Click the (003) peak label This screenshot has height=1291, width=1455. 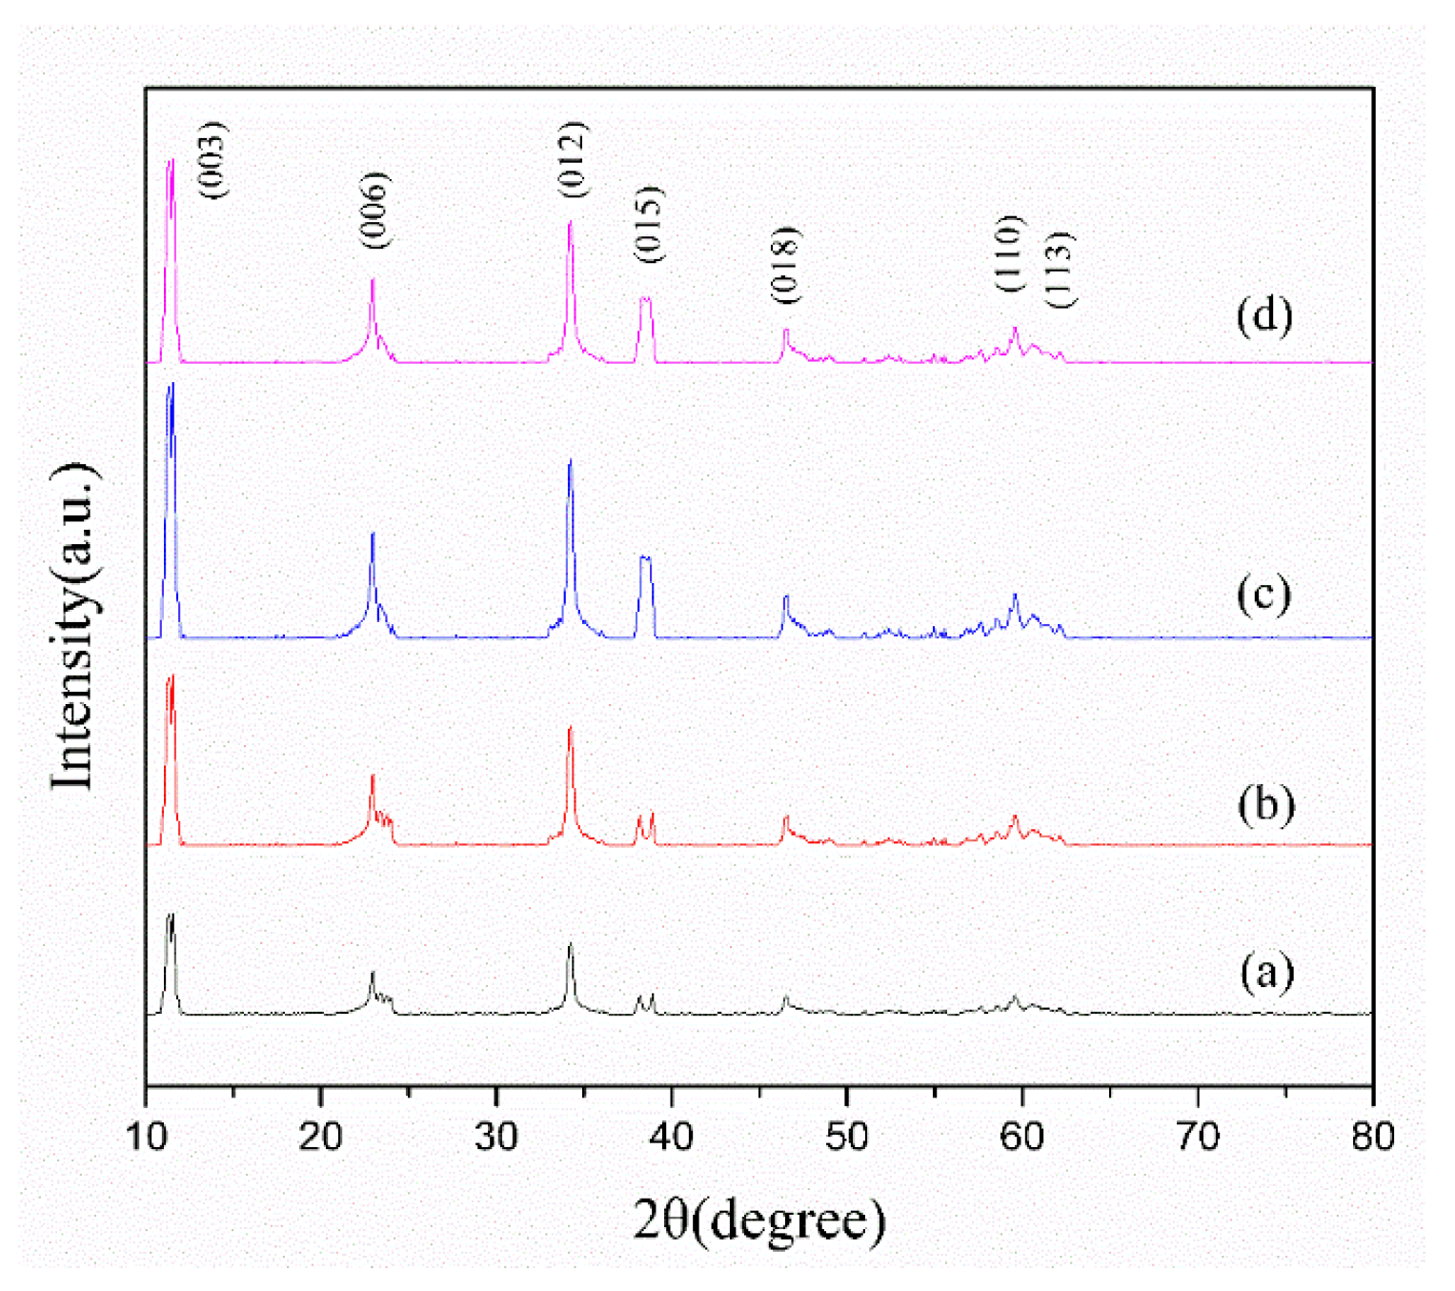coord(213,160)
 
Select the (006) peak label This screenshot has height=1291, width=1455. coord(375,211)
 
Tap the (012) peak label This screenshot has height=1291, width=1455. coord(573,160)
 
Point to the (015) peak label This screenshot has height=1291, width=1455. coord(648,225)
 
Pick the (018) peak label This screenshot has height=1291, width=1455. coord(785,265)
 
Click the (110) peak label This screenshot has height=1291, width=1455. coord(1008,253)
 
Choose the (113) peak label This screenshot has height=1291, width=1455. coord(1060,270)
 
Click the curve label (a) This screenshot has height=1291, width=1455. coord(1266,973)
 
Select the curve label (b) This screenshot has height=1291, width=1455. coord(1265,805)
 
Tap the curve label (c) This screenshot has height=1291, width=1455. coord(1263,594)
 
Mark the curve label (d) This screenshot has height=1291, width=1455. coord(1263,315)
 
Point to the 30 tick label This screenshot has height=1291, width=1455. coord(496,1136)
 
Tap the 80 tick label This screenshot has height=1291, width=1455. coord(1372,1136)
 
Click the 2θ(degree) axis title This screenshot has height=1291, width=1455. coord(759,1221)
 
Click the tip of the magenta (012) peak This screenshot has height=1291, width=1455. coord(570,222)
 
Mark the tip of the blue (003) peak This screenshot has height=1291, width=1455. coord(172,383)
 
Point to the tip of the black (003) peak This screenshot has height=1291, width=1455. coord(172,915)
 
